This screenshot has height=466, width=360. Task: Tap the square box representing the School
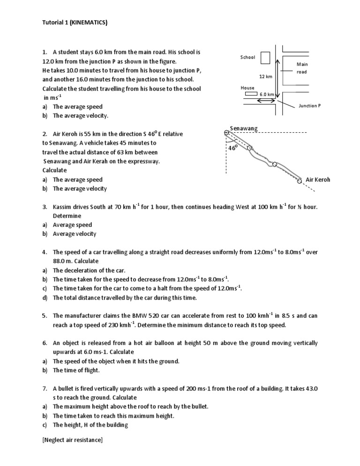point(265,58)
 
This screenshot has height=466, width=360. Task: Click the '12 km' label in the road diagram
point(266,76)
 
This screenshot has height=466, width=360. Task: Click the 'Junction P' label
point(310,106)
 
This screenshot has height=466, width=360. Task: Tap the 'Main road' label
point(302,68)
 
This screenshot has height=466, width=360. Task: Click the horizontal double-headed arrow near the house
point(266,100)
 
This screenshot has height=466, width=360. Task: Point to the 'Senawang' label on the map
point(244,128)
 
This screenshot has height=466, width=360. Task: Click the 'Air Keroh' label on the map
point(318,180)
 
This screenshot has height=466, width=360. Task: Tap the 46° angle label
point(233,147)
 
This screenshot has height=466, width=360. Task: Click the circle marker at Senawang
point(227,133)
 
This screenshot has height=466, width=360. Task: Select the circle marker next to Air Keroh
point(299,180)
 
